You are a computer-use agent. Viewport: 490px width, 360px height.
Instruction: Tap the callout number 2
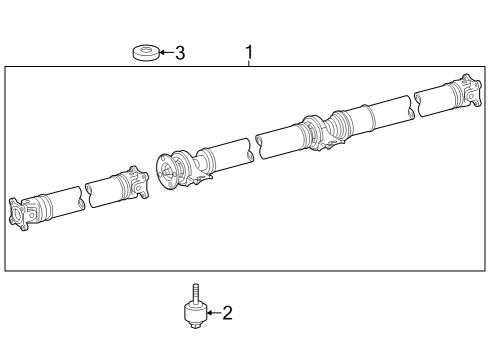(x=227, y=313)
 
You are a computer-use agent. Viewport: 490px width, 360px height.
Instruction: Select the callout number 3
(x=180, y=52)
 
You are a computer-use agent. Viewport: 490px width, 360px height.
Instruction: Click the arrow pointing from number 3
(x=165, y=52)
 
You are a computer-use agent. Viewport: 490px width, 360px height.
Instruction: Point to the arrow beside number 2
(x=211, y=313)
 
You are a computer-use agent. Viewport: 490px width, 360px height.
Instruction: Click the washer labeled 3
(x=146, y=52)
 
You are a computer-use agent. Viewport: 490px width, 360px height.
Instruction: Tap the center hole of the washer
(x=146, y=48)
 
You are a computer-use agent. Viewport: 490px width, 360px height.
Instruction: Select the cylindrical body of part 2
(x=195, y=313)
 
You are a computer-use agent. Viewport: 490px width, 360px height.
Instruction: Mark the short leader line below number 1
(x=249, y=63)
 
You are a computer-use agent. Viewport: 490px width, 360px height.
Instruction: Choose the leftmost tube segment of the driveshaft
(x=59, y=201)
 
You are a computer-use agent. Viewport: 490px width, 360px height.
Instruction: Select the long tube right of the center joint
(x=384, y=112)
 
